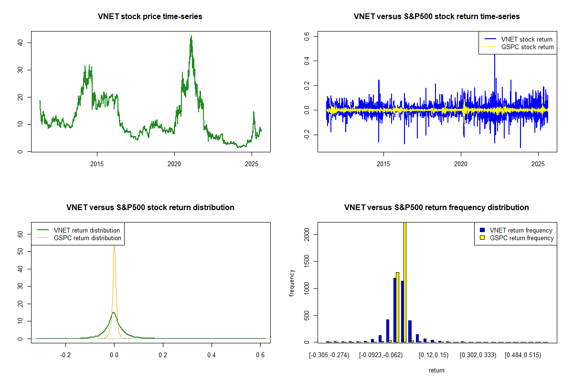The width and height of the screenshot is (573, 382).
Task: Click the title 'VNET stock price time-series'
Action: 150,17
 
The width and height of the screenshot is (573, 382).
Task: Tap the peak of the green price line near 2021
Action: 191,36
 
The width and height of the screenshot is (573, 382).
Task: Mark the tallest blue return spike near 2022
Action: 495,55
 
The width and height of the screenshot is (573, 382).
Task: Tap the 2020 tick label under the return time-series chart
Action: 461,164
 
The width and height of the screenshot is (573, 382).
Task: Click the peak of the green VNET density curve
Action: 114,313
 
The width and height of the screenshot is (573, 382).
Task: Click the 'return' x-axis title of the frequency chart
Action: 436,370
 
